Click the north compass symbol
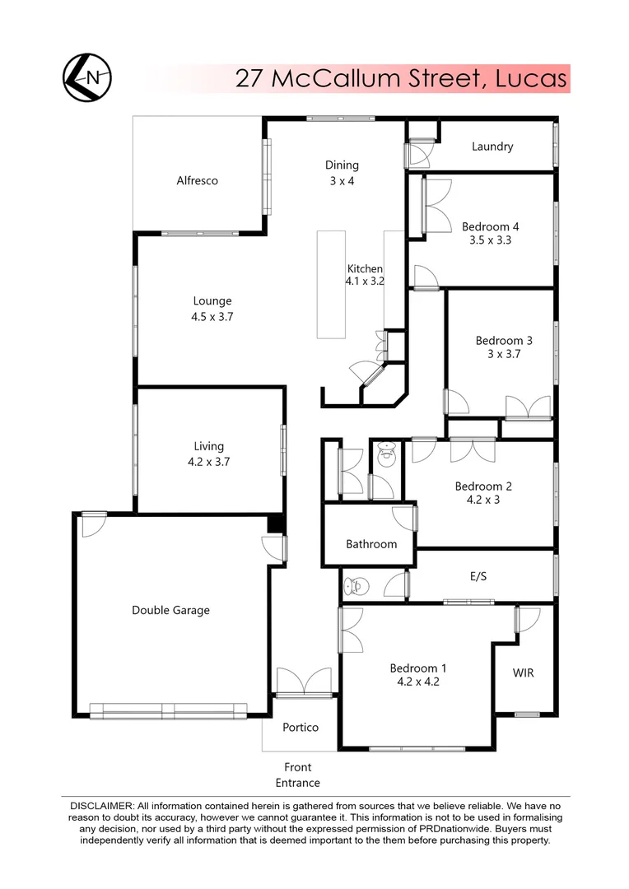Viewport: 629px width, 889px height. [87, 77]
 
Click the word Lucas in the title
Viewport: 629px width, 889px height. [531, 78]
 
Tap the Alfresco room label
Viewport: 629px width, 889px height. [197, 180]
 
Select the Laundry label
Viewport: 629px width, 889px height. [492, 147]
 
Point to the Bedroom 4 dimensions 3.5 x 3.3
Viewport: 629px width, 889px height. [490, 240]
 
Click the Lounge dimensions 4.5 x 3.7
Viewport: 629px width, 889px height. [212, 316]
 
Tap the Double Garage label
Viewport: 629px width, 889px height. [170, 610]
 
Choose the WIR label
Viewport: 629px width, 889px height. [523, 673]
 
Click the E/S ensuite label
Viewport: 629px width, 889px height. [478, 576]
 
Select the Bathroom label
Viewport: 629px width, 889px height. [371, 543]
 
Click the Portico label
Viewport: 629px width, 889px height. [300, 727]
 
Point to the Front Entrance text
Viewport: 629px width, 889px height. [297, 775]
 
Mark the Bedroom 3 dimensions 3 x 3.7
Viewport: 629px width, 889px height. [498, 354]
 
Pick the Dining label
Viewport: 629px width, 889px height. [342, 165]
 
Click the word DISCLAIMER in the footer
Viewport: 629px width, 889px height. [97, 804]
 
